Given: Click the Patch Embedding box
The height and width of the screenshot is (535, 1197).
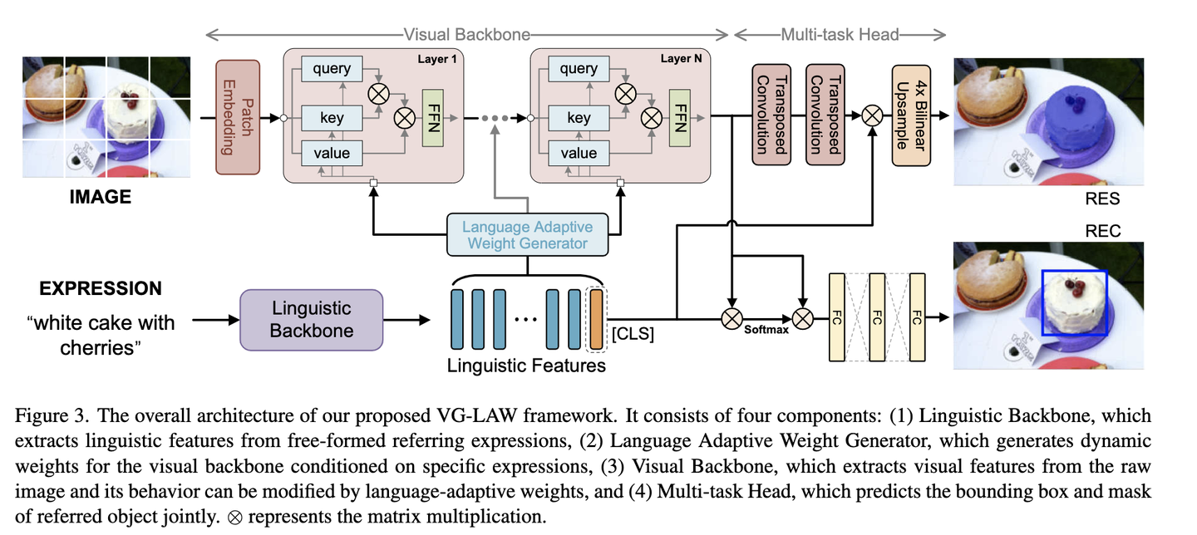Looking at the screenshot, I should point(238,116).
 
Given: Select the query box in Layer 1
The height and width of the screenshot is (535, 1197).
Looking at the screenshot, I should point(332,69).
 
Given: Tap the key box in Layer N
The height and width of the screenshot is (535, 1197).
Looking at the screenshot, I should point(579,118).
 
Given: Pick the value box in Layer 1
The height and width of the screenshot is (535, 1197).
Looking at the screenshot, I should point(332,153).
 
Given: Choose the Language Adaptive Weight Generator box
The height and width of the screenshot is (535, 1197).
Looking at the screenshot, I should point(528,234).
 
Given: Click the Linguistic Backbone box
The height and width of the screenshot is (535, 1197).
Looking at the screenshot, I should point(312,319).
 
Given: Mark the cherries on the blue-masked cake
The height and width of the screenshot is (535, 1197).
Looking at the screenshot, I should point(1072,103).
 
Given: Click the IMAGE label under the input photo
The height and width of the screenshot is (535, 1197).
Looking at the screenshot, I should point(100,198).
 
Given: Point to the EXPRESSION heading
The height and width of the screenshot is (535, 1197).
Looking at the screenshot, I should point(101,288).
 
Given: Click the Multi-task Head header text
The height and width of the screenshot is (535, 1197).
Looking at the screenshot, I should point(840,35).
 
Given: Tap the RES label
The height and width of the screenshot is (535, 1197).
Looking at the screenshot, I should point(1102,199).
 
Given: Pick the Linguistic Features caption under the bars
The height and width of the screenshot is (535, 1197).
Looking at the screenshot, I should point(526,366).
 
